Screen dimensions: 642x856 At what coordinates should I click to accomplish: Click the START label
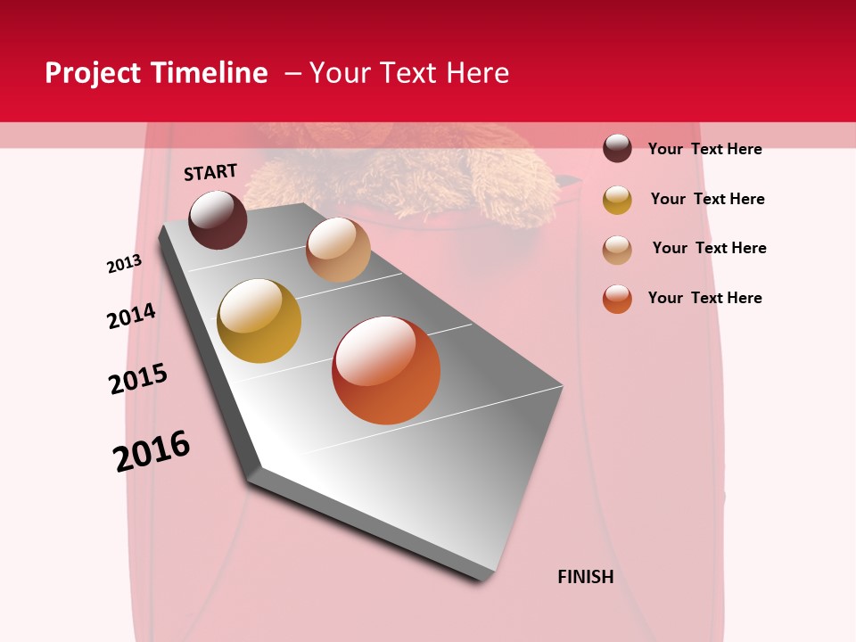pos(210,172)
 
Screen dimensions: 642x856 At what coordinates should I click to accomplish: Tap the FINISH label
pos(586,577)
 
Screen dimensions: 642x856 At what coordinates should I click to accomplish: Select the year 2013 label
pos(124,264)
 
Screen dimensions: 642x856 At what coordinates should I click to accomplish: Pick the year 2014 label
pos(131,316)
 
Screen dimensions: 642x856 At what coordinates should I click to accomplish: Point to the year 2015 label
pos(138,379)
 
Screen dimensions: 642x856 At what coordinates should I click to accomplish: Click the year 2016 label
pos(152,451)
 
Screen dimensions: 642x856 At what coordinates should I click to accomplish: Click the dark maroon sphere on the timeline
pos(218,219)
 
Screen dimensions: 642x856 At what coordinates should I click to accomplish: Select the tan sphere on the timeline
pos(338,250)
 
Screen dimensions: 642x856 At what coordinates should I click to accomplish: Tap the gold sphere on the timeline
pos(259,321)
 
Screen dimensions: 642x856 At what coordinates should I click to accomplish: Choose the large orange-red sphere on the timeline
pos(386,370)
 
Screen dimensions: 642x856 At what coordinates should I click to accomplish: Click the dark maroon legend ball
pos(617,148)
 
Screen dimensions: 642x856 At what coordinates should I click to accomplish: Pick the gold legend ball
pos(617,200)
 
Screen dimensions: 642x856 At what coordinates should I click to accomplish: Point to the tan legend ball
pos(617,250)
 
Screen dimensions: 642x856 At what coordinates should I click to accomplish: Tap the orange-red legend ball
pos(617,299)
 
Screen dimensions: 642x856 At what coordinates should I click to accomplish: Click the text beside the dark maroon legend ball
pos(704,149)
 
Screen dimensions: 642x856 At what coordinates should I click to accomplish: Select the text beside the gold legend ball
pos(707,199)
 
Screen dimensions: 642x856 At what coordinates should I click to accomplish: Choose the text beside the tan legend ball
pos(709,248)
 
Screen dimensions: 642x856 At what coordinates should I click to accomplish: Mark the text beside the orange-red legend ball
pos(704,298)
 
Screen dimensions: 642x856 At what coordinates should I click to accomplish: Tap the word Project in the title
pos(94,73)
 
